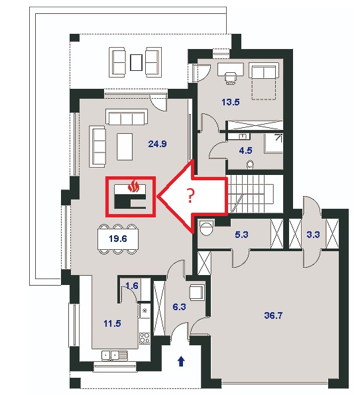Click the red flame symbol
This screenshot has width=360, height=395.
click(x=133, y=186)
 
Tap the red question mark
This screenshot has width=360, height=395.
click(x=191, y=196)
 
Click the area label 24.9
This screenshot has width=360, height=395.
click(x=157, y=144)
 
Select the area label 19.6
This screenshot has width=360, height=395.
click(x=118, y=239)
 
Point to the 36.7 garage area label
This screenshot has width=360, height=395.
click(x=273, y=315)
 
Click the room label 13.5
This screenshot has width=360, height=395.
click(x=231, y=102)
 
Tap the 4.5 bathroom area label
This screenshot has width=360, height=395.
click(x=245, y=150)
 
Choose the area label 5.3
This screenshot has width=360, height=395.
click(x=241, y=235)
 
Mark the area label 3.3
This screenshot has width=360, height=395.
click(x=313, y=235)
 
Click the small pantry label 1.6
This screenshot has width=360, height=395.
click(x=132, y=286)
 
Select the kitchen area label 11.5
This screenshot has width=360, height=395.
click(x=112, y=323)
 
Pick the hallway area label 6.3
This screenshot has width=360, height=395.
click(x=179, y=307)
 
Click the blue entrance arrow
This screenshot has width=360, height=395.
click(x=181, y=361)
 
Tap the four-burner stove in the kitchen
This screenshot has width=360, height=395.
click(x=145, y=338)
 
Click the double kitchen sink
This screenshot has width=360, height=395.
click(x=115, y=355)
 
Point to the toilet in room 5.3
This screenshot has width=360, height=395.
click(x=206, y=227)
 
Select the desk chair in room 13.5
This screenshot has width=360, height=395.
click(x=231, y=77)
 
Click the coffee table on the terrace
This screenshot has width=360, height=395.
click(x=137, y=63)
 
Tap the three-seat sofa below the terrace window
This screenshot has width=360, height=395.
click(x=127, y=117)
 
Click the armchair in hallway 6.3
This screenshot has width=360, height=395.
click(x=196, y=292)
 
